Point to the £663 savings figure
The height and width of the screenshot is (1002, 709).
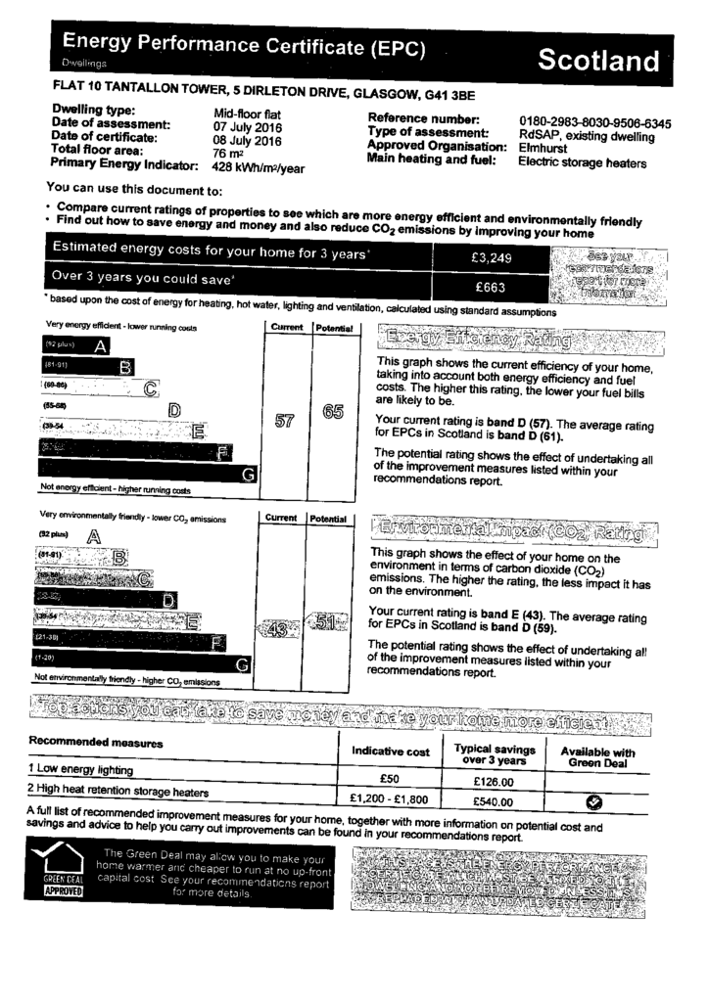point(491,288)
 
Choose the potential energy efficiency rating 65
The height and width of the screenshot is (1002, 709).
point(332,412)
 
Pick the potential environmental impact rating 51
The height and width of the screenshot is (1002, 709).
point(329,622)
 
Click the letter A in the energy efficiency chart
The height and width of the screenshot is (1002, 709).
point(100,345)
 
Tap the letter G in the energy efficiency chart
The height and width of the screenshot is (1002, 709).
point(249,474)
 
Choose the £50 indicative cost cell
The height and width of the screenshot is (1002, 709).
point(390,779)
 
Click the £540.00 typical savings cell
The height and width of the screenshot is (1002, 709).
point(494,801)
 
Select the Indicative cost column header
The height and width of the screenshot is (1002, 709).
point(390,751)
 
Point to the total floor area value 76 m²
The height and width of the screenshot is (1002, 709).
point(228,154)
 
